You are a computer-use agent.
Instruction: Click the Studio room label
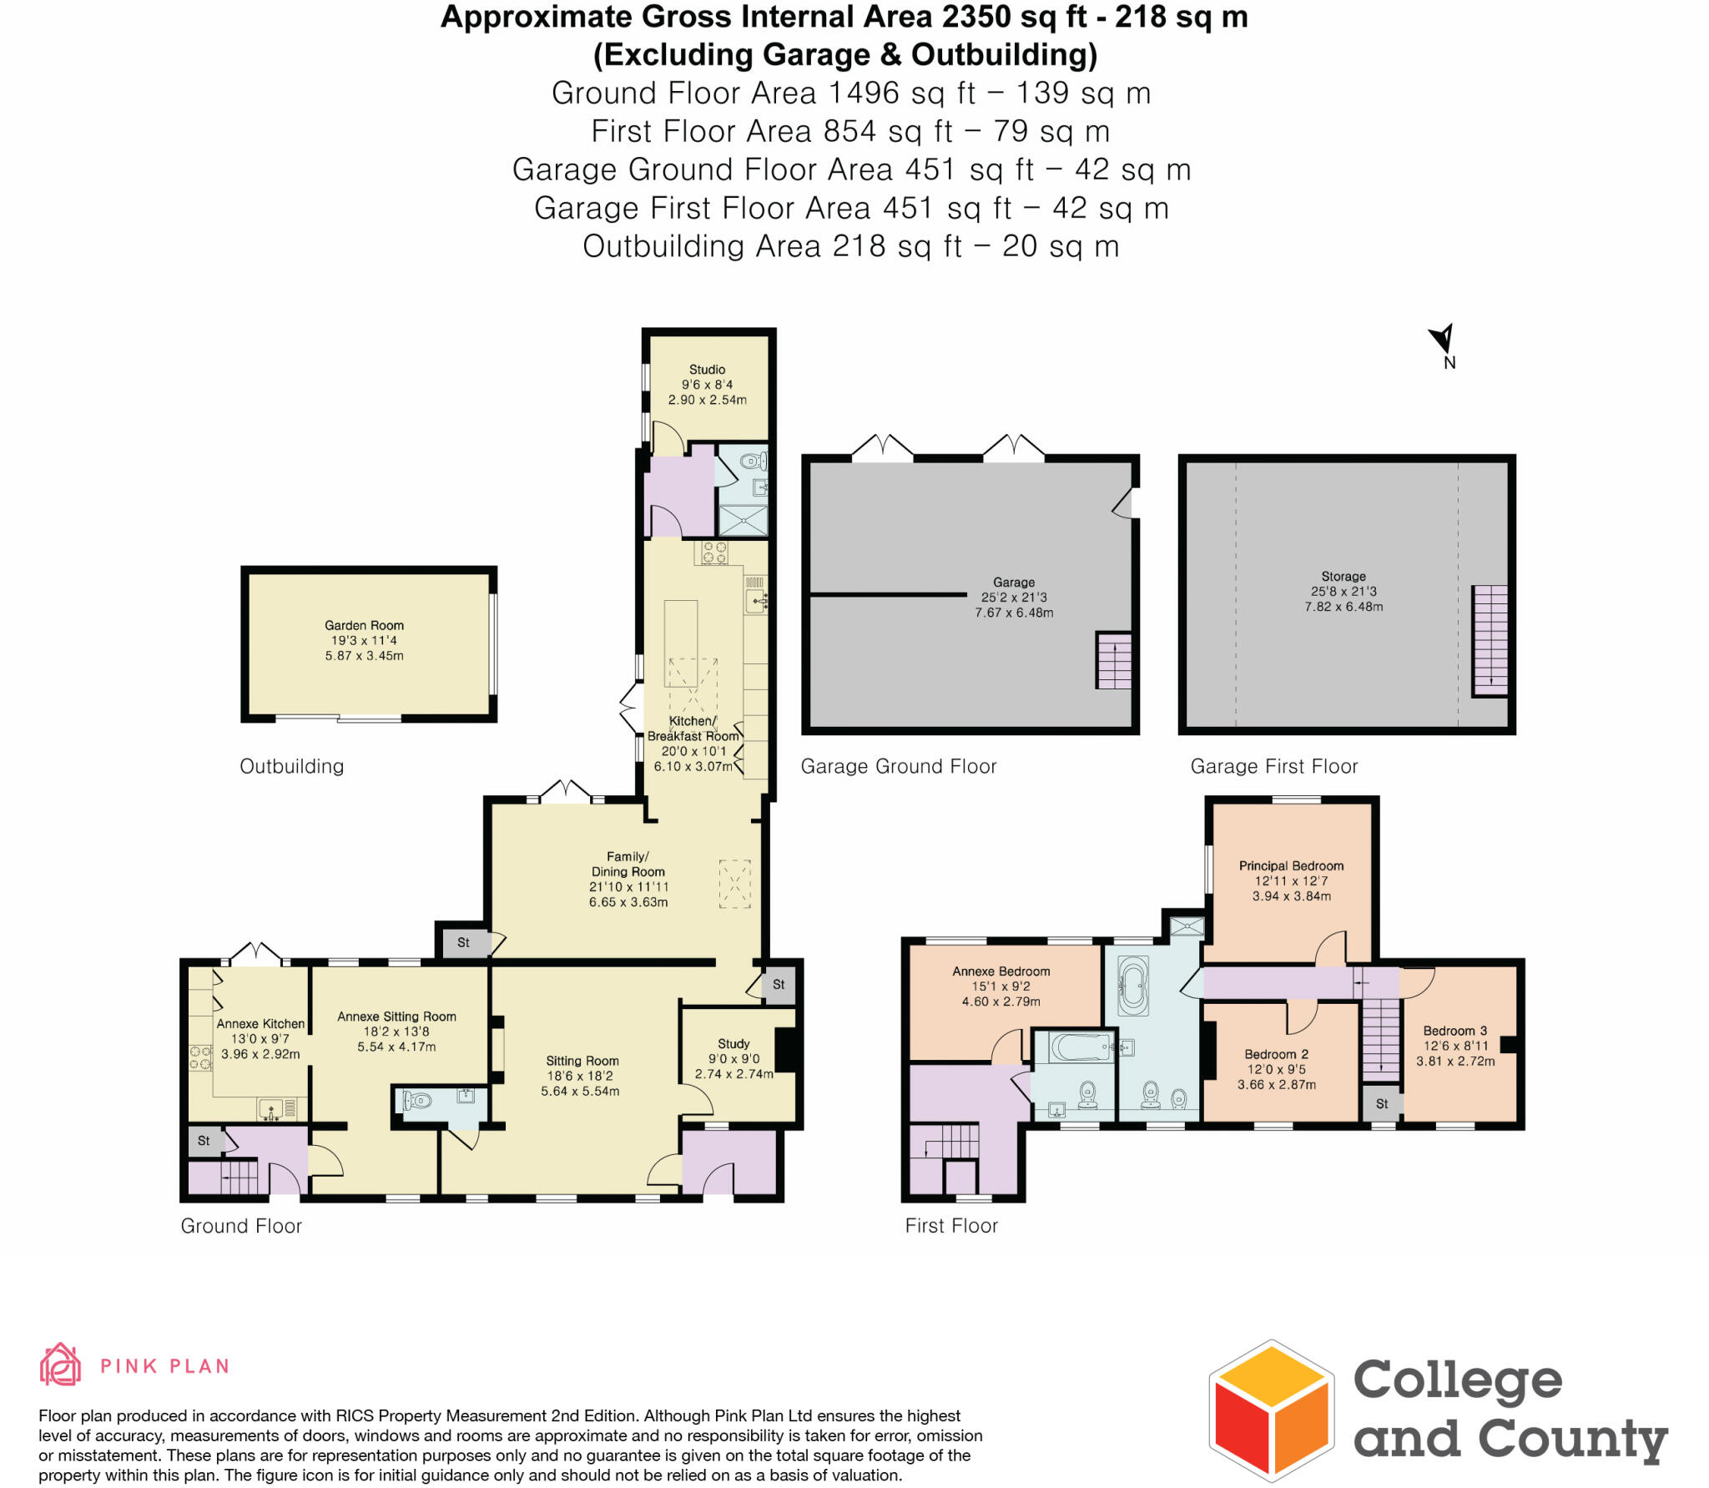coord(707,369)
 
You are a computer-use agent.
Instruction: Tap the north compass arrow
coord(1443,340)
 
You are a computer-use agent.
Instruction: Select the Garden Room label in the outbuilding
coord(364,625)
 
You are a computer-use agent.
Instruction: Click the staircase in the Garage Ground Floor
coord(1113,660)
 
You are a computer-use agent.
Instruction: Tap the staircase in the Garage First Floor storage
coord(1490,640)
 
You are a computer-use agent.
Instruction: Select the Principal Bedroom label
coord(1291,865)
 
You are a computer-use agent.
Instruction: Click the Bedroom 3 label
coord(1454,1031)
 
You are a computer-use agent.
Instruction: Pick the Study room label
coord(734,1043)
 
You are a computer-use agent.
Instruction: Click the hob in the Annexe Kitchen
coord(200,1058)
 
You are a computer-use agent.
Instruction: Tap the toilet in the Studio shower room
coord(752,461)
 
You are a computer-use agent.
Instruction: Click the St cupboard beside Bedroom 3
coord(1382,1103)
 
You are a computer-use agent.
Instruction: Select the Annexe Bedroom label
coord(1001,971)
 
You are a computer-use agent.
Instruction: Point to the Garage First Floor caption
coord(1273,766)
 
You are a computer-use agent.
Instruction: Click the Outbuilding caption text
coord(291,766)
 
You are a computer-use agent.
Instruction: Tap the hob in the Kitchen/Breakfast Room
coord(714,552)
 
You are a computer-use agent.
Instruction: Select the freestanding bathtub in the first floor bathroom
coord(1133,986)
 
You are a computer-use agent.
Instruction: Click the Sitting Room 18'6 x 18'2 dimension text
coord(582,1076)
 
